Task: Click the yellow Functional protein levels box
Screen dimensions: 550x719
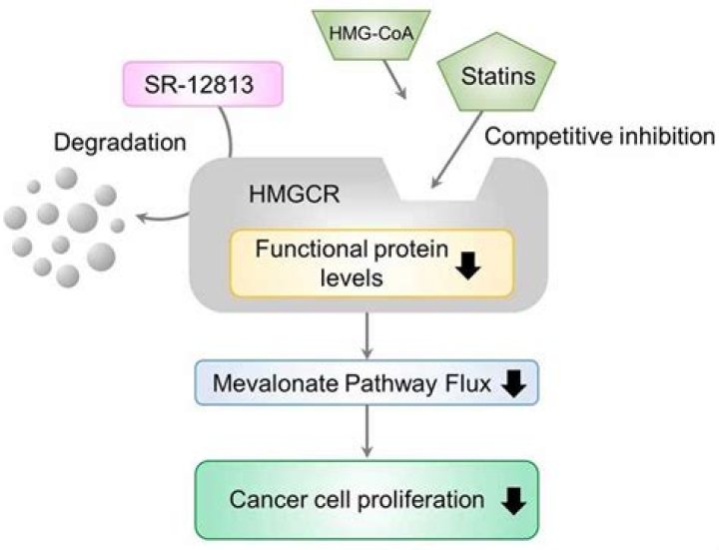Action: click(x=371, y=263)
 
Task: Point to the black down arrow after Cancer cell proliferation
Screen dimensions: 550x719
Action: click(x=513, y=501)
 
